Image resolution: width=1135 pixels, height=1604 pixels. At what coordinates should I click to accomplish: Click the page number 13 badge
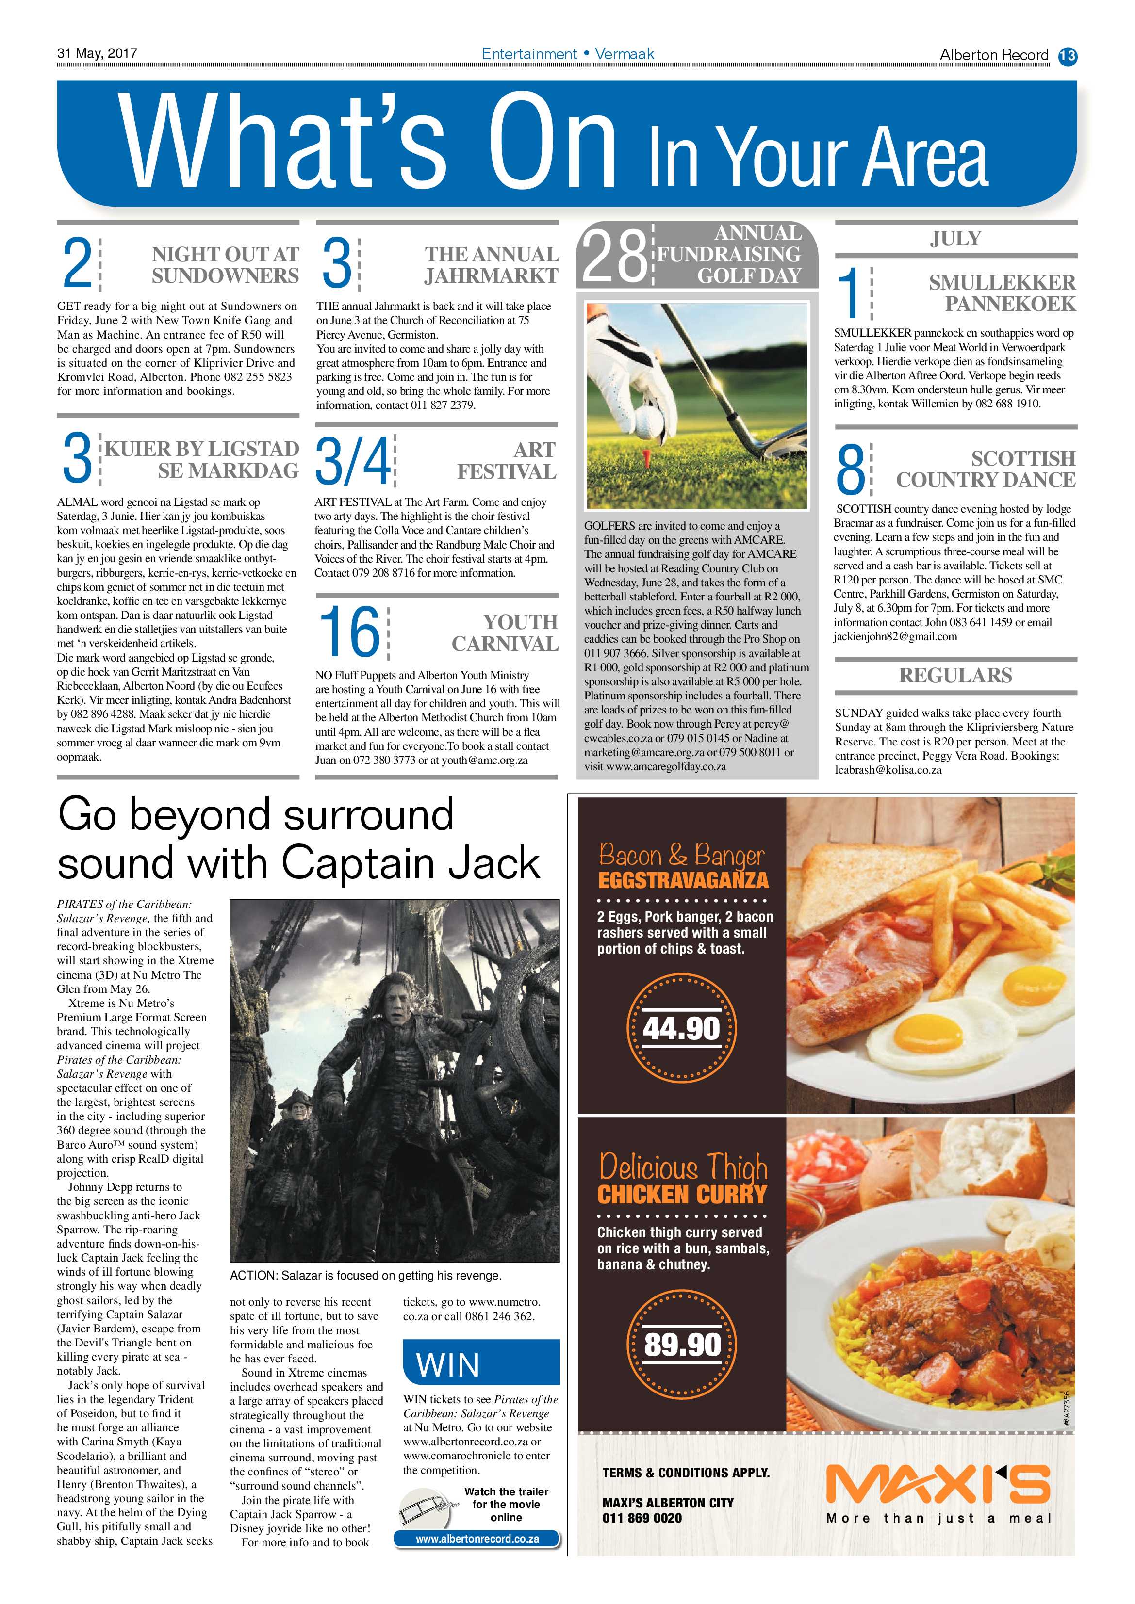(1067, 55)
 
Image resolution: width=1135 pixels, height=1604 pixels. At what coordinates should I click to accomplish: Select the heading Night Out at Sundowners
(225, 265)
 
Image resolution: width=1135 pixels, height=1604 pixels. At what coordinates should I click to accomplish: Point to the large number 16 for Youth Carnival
(349, 632)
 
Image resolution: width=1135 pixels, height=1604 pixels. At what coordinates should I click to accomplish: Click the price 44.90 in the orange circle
(681, 1028)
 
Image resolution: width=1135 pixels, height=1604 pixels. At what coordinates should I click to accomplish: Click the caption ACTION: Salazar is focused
(365, 1276)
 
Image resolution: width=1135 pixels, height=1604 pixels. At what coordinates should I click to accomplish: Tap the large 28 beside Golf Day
(613, 257)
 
